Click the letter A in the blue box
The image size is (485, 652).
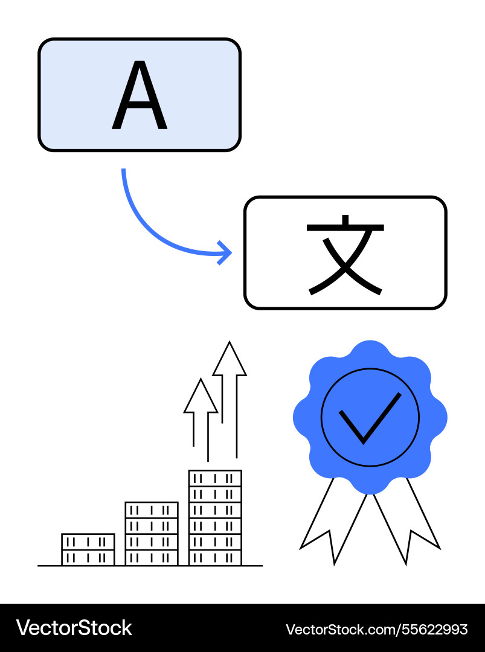[x=140, y=96]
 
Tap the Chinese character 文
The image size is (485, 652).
[x=345, y=254]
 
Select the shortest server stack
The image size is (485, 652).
[x=88, y=549]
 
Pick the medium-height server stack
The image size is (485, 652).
[x=152, y=534]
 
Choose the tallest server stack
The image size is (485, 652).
[x=215, y=517]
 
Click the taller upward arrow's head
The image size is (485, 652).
[x=230, y=360]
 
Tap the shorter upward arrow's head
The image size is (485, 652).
[x=201, y=397]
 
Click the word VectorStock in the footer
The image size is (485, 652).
[x=74, y=628]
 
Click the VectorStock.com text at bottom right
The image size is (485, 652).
[x=338, y=630]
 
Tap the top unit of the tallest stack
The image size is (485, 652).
[x=215, y=478]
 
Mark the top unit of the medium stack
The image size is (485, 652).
[x=152, y=510]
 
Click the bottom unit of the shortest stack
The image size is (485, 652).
[x=88, y=558]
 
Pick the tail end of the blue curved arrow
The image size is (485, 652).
[x=124, y=172]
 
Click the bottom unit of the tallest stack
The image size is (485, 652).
[x=215, y=558]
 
